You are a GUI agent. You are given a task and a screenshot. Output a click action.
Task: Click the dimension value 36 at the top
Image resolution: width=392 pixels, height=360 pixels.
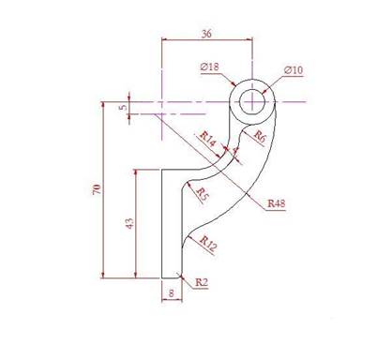point(206,33)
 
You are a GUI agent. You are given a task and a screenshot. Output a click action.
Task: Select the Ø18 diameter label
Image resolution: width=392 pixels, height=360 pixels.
point(209,67)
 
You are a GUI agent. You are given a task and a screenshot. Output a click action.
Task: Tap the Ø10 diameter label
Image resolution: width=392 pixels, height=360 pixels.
point(293,70)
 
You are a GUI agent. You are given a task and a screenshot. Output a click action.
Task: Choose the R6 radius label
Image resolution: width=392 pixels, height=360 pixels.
point(260,136)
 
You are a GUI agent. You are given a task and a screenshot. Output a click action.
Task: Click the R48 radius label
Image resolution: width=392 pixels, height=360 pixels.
point(277,202)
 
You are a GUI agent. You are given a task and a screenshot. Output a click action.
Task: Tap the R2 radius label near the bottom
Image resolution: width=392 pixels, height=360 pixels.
point(201,280)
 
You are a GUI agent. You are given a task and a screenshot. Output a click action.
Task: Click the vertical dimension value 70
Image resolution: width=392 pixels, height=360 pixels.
point(97,190)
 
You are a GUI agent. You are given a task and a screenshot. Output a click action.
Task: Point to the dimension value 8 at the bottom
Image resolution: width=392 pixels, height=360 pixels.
point(170,293)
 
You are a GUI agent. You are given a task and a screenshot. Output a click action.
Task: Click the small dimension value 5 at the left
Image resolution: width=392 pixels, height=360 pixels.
point(122,107)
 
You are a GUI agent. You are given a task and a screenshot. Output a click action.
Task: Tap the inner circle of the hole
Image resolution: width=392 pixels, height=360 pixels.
point(254,100)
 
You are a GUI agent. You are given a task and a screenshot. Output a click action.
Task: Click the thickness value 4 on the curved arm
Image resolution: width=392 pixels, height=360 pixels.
point(234,148)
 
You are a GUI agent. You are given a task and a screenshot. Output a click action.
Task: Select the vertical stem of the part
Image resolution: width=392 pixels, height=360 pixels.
point(170,225)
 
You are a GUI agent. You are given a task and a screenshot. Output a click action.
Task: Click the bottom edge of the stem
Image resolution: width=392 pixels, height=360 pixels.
point(170,277)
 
